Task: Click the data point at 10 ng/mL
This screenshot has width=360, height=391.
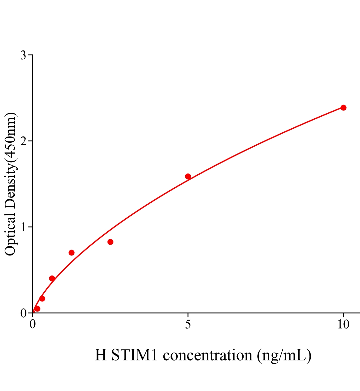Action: click(343, 108)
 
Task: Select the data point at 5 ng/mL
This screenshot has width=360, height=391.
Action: click(188, 177)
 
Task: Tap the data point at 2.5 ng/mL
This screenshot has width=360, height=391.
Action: click(110, 242)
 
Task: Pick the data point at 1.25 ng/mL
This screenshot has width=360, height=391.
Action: click(71, 253)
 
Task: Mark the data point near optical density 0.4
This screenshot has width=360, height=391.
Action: click(52, 278)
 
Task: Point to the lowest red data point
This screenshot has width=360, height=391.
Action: click(37, 309)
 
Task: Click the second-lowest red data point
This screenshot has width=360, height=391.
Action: click(42, 298)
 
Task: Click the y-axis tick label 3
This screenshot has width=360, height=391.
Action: click(23, 55)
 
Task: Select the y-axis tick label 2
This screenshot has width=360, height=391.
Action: click(23, 141)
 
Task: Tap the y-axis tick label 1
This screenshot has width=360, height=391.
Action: click(23, 227)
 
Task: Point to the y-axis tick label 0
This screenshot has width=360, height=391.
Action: click(23, 313)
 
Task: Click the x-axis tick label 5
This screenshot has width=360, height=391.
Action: click(188, 325)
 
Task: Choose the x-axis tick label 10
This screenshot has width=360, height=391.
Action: click(343, 325)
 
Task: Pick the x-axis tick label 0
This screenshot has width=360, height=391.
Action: click(33, 325)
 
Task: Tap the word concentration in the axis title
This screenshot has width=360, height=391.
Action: click(207, 355)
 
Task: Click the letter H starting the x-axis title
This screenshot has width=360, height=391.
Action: click(101, 355)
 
